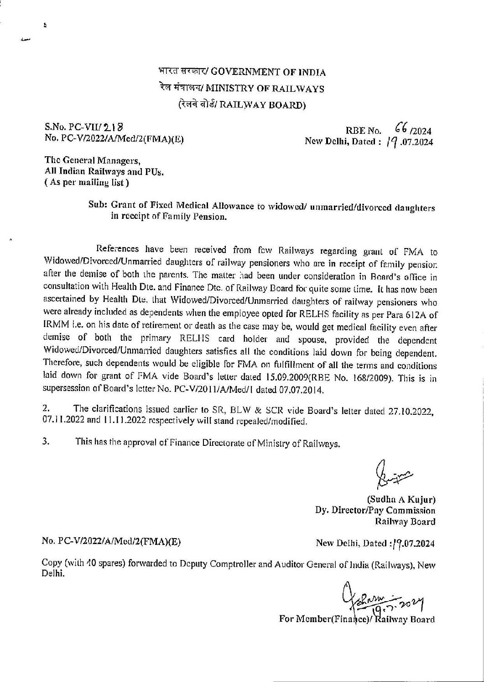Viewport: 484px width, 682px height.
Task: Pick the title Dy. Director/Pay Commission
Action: [x=375, y=511]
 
